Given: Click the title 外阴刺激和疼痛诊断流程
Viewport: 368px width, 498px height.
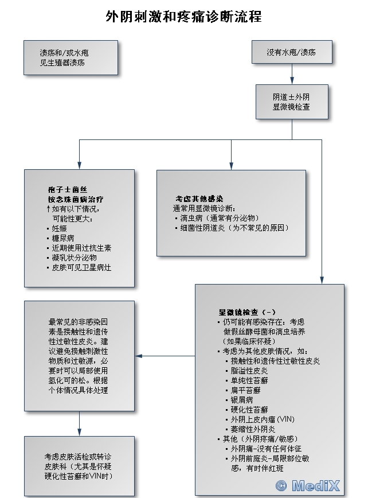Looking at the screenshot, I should pos(183,17).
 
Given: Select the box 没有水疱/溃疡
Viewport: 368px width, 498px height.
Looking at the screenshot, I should pos(292,52).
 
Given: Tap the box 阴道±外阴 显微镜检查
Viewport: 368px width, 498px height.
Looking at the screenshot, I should pos(292,102).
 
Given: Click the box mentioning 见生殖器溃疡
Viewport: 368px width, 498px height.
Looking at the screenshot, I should pos(71,57).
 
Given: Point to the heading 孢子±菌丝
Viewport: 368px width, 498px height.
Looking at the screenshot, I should pos(68,189).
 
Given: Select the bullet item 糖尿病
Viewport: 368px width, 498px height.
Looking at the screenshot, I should pos(62,238).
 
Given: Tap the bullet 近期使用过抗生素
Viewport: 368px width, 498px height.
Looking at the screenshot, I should pos(81,248).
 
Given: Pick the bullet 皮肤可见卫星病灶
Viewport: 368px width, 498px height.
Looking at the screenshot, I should pos(81,267).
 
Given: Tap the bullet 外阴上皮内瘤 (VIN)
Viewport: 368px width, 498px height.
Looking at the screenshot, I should pos(262,419).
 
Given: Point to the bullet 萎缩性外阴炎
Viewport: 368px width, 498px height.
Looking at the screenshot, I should pos(253,429).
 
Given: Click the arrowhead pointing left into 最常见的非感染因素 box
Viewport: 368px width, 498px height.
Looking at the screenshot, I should pos(139,356).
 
